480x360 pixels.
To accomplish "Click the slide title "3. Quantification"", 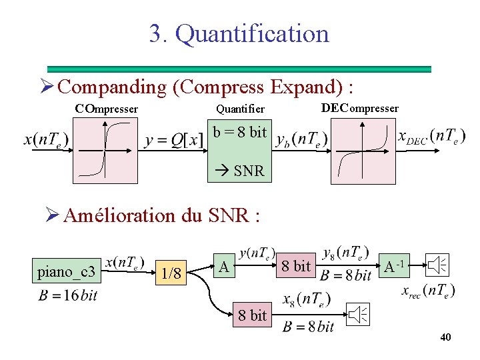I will click(239, 33).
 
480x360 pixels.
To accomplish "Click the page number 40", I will click(445, 338).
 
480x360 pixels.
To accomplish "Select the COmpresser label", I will click(106, 108).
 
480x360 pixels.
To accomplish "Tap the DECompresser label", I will click(359, 108).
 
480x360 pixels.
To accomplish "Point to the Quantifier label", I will click(240, 109).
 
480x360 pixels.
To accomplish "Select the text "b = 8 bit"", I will click(240, 132).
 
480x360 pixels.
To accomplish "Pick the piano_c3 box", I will click(67, 271).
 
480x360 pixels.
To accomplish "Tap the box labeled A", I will click(225, 267).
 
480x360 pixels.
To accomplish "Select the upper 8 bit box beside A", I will click(295, 266).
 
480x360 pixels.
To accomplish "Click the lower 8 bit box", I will click(252, 315).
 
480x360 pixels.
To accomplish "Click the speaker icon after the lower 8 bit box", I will click(358, 314).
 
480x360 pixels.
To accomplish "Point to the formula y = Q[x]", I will click(174, 141).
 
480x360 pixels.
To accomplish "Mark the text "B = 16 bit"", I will click(68, 295).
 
